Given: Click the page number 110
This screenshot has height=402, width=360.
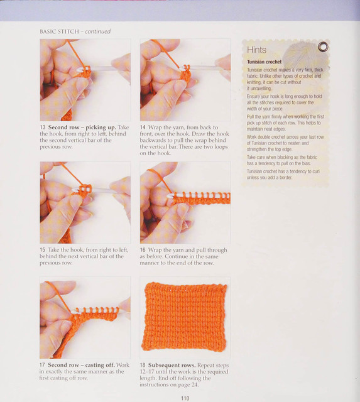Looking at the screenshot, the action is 185,398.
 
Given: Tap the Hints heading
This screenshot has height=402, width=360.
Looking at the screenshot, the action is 256,50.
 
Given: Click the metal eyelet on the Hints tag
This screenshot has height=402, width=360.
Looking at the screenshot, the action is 323,46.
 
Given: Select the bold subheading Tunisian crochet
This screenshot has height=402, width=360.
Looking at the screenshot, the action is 264,62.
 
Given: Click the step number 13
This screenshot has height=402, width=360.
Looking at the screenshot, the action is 43,128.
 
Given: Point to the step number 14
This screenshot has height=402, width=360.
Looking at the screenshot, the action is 143,128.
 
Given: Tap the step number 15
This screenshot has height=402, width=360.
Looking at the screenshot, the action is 42,250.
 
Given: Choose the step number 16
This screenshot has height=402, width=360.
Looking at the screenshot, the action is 143,250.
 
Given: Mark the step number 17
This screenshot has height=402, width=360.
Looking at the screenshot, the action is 42,365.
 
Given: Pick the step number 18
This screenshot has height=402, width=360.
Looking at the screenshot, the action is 143,365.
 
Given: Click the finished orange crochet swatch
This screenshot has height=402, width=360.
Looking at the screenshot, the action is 185,317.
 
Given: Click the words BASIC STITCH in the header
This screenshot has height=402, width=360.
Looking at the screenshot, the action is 59,31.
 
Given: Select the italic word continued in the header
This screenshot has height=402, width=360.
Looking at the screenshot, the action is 97,31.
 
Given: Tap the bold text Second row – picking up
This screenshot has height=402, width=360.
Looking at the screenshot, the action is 82,128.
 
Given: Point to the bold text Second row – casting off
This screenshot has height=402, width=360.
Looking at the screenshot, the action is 81,365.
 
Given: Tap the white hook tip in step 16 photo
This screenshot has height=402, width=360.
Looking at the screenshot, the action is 170,197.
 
